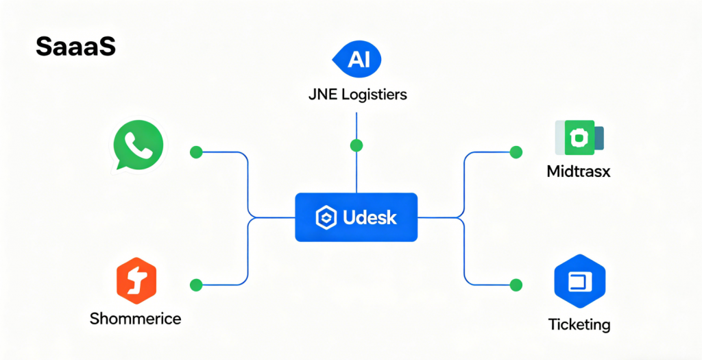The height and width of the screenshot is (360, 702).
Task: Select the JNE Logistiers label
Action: tap(357, 94)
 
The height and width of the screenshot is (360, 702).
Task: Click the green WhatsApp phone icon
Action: tap(138, 145)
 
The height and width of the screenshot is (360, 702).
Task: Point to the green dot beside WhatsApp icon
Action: tap(196, 152)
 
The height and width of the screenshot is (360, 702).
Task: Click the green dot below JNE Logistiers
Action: tap(356, 145)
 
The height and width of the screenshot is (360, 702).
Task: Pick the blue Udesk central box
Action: tap(356, 217)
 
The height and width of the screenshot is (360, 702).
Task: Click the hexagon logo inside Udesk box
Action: tap(324, 218)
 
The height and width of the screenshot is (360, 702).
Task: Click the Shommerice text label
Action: tap(136, 318)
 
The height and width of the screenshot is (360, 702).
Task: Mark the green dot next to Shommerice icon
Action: tap(196, 284)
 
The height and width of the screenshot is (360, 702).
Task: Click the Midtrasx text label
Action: tap(579, 171)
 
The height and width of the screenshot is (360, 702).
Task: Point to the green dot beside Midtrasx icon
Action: tap(516, 152)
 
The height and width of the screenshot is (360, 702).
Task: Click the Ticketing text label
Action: tap(579, 324)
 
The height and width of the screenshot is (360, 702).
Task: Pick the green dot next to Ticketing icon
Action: tap(516, 284)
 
